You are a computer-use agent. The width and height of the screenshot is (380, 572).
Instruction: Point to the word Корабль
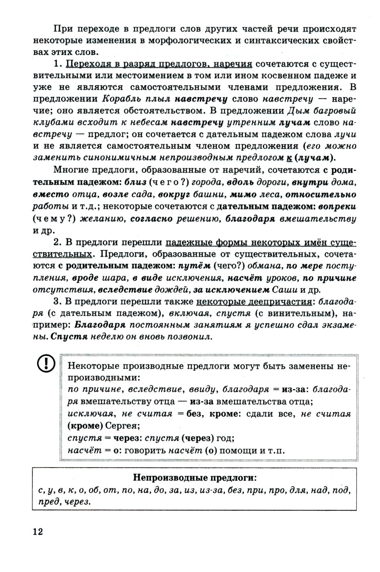tap(119, 100)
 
